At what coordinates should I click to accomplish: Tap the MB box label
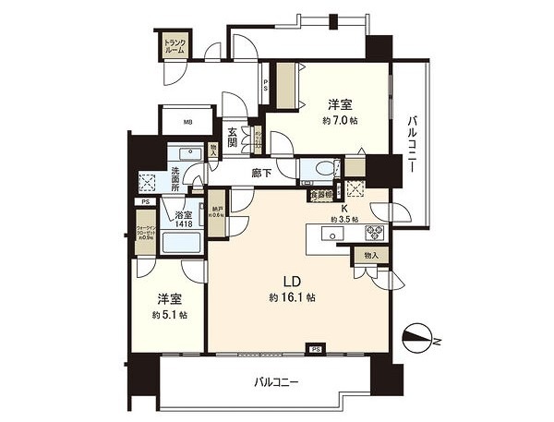187,121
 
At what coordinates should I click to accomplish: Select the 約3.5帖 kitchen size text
345,220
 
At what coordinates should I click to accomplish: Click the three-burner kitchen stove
376,233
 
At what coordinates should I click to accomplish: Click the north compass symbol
420,340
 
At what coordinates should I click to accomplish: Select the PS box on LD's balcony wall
316,349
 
